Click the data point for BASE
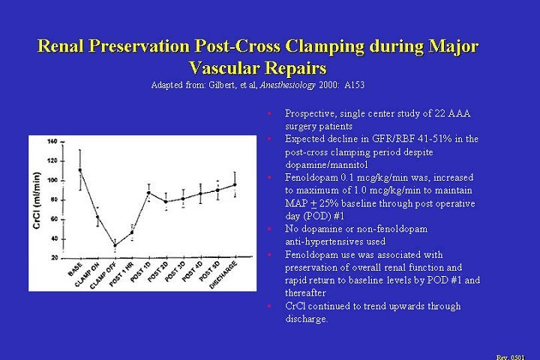80,170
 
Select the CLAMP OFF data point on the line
115,244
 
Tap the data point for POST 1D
148,193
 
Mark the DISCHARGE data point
235,184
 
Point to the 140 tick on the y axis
52,141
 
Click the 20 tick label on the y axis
53,257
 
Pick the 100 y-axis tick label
52,180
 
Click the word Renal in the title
62,46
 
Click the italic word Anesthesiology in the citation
287,85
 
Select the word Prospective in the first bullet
311,113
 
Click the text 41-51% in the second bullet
435,139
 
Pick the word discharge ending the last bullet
305,319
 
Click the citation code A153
354,85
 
